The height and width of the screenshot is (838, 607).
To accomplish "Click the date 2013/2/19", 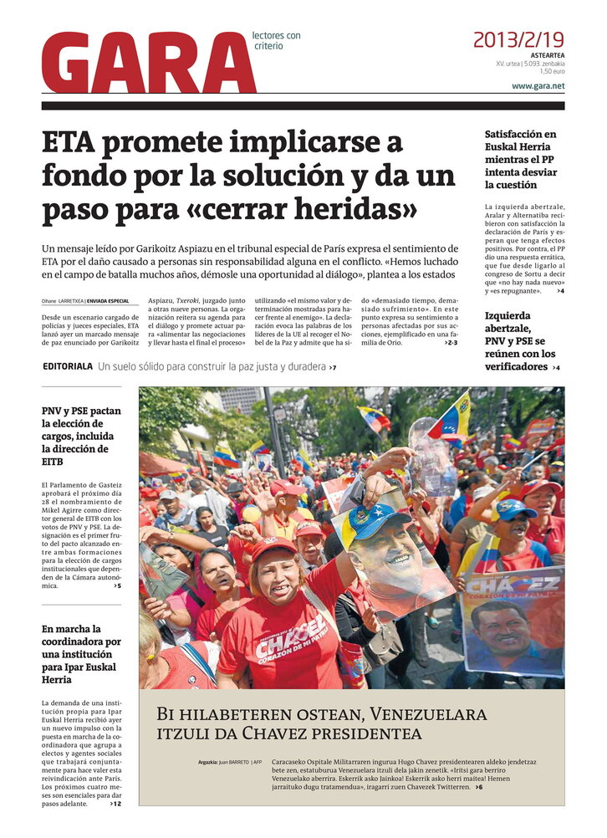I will (x=518, y=39).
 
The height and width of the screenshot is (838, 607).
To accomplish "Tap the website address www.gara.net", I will (x=538, y=86).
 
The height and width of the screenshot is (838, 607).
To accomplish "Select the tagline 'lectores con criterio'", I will (x=276, y=40).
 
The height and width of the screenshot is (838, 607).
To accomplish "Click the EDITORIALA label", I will (x=68, y=366).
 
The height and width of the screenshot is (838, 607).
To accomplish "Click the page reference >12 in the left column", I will (x=115, y=804).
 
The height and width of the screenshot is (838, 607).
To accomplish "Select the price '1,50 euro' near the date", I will (x=551, y=71).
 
